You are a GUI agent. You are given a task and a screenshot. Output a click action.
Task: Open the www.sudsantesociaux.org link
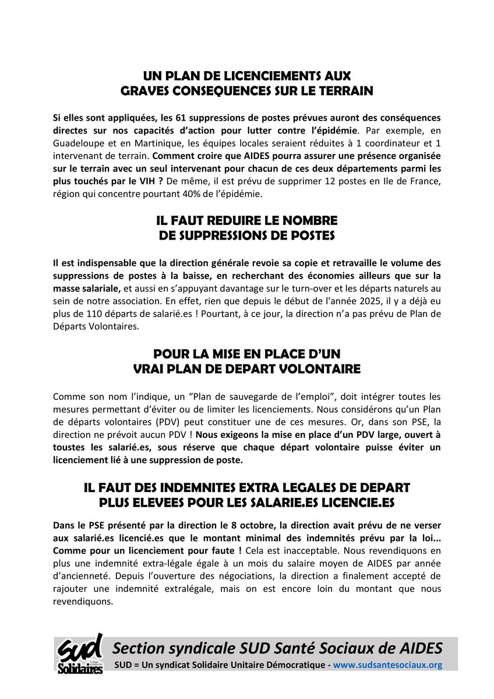pyautogui.click(x=387, y=665)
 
